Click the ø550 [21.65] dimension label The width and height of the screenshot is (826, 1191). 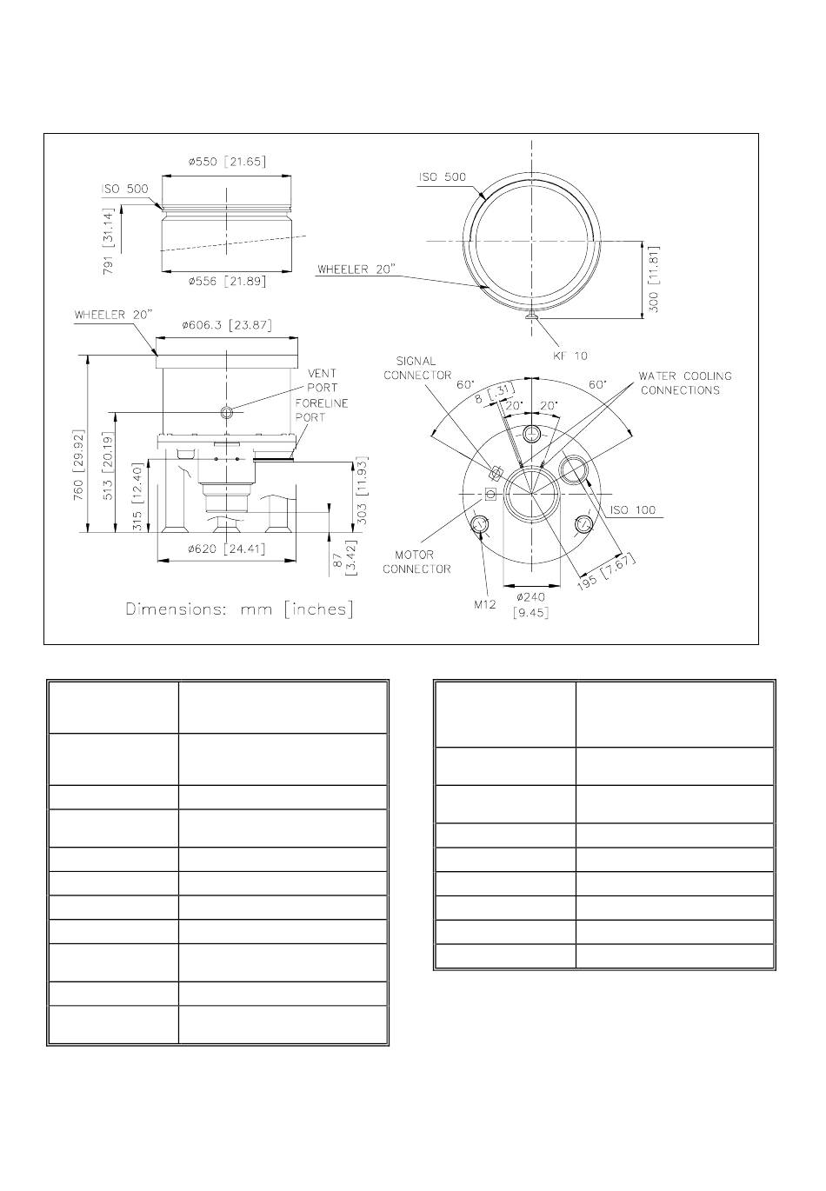pyautogui.click(x=227, y=162)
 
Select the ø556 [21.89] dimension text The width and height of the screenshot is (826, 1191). pyautogui.click(x=227, y=282)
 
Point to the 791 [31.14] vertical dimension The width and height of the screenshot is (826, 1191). pyautogui.click(x=110, y=230)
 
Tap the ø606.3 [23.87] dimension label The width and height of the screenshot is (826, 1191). pyautogui.click(x=227, y=325)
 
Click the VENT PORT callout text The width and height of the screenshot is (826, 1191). pyautogui.click(x=322, y=381)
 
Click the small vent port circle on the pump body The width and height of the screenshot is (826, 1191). pyautogui.click(x=227, y=412)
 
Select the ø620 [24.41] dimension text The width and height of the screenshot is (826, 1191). pyautogui.click(x=226, y=549)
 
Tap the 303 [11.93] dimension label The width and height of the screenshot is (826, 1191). pyautogui.click(x=363, y=490)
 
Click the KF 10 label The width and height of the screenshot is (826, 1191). pyautogui.click(x=570, y=356)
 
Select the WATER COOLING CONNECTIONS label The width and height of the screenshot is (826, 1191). pyautogui.click(x=685, y=383)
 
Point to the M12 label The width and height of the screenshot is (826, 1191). pyautogui.click(x=483, y=604)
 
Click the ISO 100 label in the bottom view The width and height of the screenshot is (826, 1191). pyautogui.click(x=633, y=510)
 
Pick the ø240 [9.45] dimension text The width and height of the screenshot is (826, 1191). pyautogui.click(x=532, y=604)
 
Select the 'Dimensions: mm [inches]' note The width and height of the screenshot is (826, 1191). pyautogui.click(x=240, y=609)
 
